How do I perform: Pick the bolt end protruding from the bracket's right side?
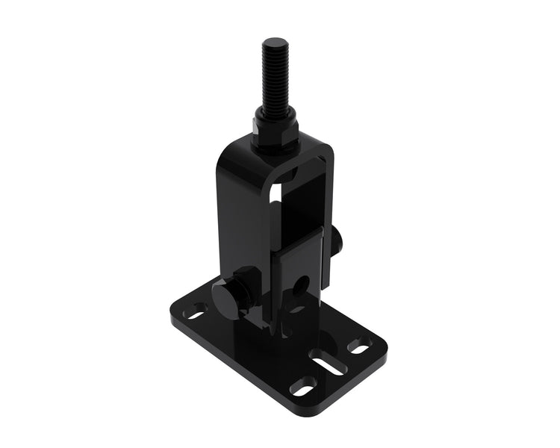pyautogui.click(x=337, y=240)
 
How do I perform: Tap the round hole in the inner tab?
pyautogui.click(x=302, y=284)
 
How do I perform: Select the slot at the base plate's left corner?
pyautogui.click(x=196, y=308)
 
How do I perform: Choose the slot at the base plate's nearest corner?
pyautogui.click(x=303, y=387)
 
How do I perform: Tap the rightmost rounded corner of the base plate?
pyautogui.click(x=382, y=345)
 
